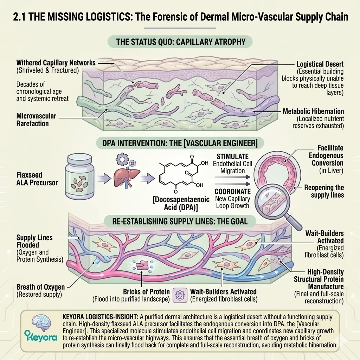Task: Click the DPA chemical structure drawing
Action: (x=179, y=174)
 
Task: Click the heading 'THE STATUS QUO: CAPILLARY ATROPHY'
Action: (x=180, y=43)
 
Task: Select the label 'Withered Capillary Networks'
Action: (x=56, y=63)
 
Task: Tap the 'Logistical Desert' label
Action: (x=320, y=64)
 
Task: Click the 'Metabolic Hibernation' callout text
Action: (x=313, y=111)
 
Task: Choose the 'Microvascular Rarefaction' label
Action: (x=36, y=120)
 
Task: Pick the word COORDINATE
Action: (x=232, y=192)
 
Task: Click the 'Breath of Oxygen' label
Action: (x=40, y=287)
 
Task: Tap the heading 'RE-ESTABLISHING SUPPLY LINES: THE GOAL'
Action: (x=180, y=221)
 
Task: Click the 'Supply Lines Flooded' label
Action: (x=34, y=241)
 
